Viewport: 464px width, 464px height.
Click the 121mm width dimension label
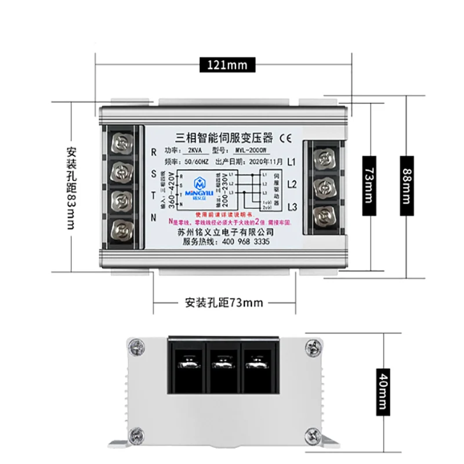point(223,65)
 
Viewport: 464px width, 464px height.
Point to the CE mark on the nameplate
point(286,138)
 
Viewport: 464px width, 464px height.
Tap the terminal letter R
point(153,152)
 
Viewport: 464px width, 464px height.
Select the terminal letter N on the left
point(153,217)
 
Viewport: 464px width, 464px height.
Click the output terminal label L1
point(292,161)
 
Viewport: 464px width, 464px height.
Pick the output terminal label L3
point(292,206)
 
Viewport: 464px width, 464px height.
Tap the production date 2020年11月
point(266,162)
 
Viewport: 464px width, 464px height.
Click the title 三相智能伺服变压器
point(223,138)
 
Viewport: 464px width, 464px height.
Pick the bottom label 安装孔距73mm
point(223,302)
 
